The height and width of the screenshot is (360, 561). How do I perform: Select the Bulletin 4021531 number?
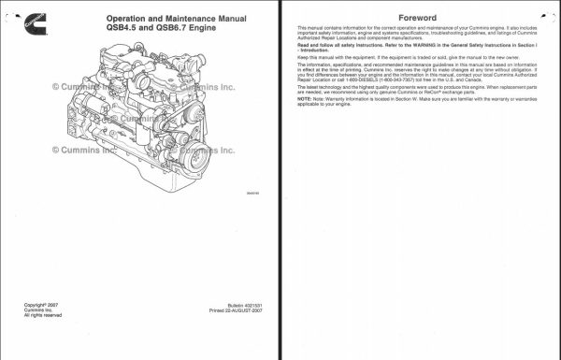pos(231,305)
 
